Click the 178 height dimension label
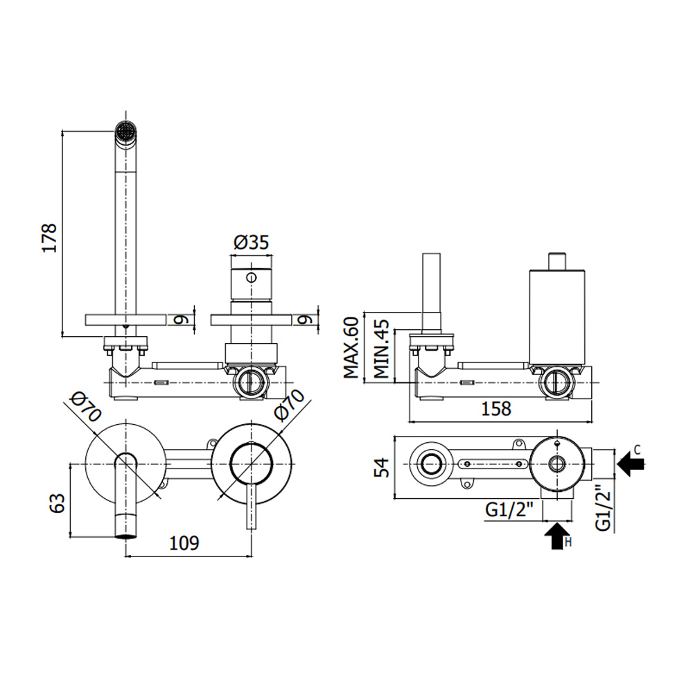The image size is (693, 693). click(49, 238)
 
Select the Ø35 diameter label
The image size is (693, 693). click(251, 242)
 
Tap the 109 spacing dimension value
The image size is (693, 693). click(184, 543)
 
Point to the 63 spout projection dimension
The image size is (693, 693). click(57, 502)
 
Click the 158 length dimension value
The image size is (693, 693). click(496, 409)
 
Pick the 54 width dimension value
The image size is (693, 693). click(382, 468)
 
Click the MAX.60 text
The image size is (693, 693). click(351, 347)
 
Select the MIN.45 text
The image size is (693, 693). click(381, 349)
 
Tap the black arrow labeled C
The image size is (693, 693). click(630, 464)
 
